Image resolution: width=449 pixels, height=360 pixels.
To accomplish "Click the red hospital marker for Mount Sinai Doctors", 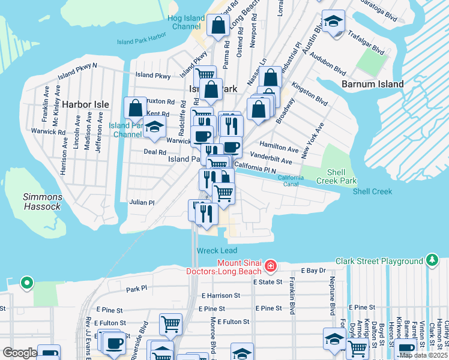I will (271, 265).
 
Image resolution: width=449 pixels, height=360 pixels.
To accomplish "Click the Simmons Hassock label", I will (42, 201).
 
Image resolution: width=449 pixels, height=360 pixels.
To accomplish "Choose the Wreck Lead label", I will (217, 250).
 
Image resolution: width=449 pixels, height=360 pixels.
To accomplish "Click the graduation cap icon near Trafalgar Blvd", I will (333, 22).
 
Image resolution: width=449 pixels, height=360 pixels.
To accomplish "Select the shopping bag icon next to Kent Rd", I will (136, 108).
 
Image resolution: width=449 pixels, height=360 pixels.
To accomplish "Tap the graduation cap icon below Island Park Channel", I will (155, 127).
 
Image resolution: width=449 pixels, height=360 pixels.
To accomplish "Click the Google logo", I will (19, 353).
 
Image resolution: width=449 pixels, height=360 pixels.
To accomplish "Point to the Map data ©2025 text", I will (423, 355).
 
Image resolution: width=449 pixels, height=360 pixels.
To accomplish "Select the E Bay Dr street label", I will (313, 271).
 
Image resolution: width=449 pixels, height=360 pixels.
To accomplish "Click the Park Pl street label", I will (137, 289).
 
